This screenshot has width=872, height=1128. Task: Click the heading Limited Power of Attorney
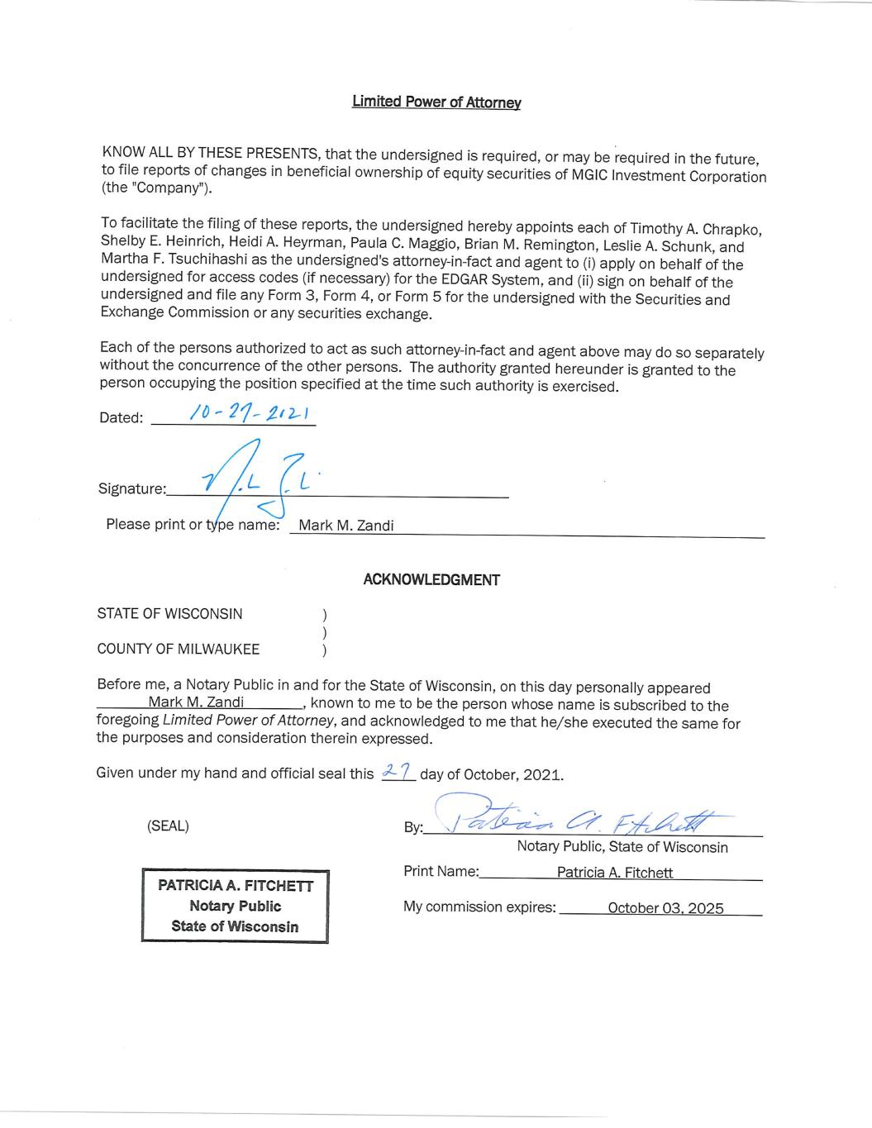(x=436, y=102)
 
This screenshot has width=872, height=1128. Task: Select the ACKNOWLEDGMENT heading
(x=431, y=580)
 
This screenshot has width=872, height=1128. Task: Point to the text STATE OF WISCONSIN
(x=169, y=614)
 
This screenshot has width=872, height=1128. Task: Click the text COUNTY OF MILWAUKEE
(x=178, y=650)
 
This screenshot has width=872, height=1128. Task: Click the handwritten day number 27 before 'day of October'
(x=398, y=772)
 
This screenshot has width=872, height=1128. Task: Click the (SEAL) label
(x=168, y=826)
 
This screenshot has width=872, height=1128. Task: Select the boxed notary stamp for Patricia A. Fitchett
(x=236, y=906)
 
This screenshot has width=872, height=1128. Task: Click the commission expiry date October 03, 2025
(x=665, y=908)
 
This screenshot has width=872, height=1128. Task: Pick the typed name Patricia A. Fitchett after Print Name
(x=615, y=873)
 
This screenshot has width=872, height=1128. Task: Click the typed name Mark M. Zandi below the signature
(x=345, y=526)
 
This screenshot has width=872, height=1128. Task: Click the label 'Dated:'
(x=121, y=417)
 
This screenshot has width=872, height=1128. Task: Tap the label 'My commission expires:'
(x=479, y=907)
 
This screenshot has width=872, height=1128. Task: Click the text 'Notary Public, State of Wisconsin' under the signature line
(x=622, y=847)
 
